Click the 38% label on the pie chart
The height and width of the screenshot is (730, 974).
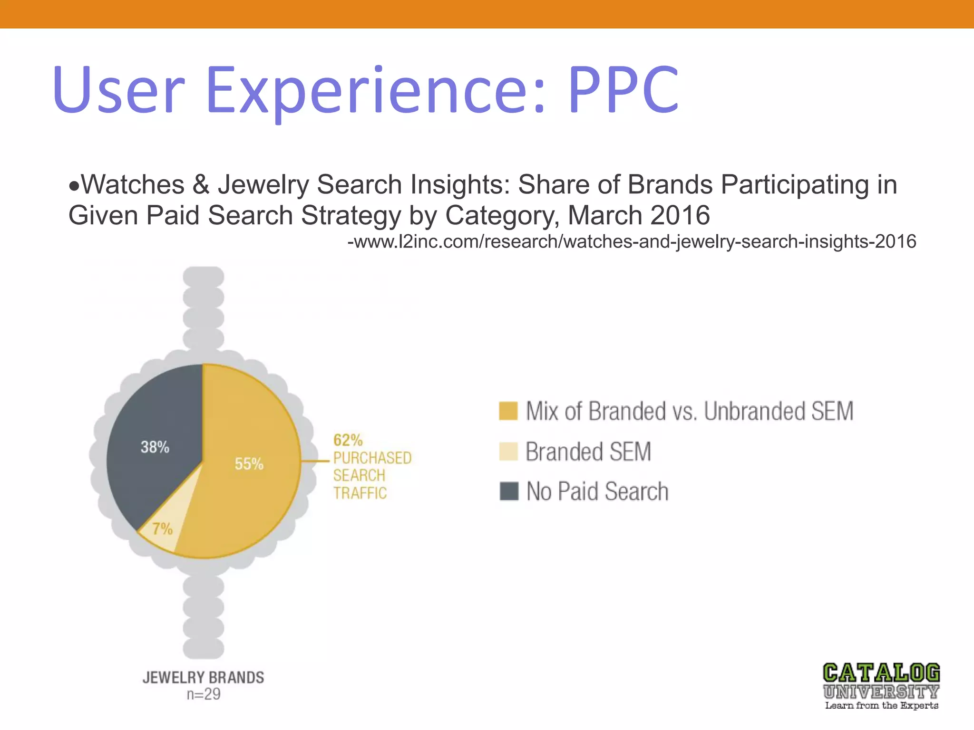pyautogui.click(x=155, y=447)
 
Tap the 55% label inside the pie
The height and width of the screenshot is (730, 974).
pyautogui.click(x=249, y=463)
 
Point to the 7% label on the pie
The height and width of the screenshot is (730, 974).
pyautogui.click(x=162, y=528)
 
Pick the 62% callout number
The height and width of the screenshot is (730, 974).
pyautogui.click(x=348, y=440)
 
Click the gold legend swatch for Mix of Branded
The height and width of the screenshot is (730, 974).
pyautogui.click(x=508, y=411)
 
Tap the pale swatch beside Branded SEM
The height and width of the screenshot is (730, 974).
pyautogui.click(x=508, y=451)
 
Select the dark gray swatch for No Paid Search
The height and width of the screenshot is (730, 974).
pyautogui.click(x=508, y=491)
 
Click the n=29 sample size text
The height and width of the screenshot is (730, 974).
pyautogui.click(x=204, y=694)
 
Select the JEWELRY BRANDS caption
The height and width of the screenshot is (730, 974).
pyautogui.click(x=203, y=677)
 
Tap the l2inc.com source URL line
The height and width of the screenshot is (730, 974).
pyautogui.click(x=632, y=241)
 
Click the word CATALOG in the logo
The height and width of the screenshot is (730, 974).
pyautogui.click(x=881, y=673)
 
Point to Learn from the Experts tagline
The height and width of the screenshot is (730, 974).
pyautogui.click(x=881, y=706)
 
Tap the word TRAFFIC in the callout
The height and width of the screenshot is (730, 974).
pyautogui.click(x=360, y=493)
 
